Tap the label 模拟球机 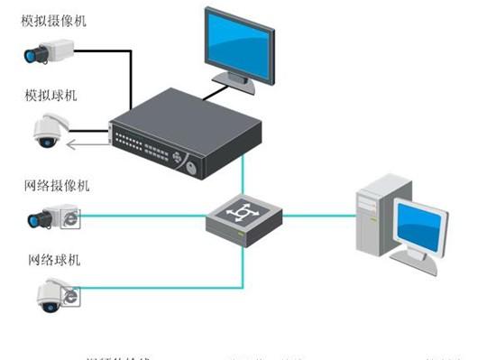click(51, 94)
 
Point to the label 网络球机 click(51, 260)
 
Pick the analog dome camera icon click(46, 131)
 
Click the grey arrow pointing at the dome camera click(85, 140)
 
